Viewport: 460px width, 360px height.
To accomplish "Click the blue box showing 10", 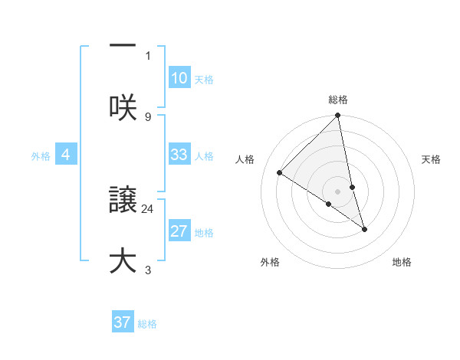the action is coord(179,78).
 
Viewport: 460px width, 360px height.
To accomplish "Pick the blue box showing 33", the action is coord(179,155).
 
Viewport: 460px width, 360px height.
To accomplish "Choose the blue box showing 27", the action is coord(179,231).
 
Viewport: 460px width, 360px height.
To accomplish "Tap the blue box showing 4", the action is coord(66,155).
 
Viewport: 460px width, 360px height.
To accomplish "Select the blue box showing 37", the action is coord(123,322).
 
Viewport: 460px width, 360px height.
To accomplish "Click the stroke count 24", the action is coord(148,208).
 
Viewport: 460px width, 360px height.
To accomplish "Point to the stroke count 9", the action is coord(148,117).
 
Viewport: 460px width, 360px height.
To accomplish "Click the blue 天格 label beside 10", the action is coord(204,80).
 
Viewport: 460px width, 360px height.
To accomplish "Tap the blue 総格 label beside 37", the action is coord(147,324).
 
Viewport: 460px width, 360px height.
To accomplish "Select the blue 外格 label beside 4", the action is coord(41,156).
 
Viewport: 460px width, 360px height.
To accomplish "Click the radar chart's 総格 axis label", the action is coord(338,100).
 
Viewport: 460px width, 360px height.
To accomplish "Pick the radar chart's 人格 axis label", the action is coord(245,159).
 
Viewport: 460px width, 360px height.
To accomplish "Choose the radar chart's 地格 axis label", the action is coord(402,262).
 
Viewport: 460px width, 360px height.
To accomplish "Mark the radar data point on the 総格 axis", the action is coord(338,116).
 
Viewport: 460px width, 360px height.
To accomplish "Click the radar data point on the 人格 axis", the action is coord(280,173).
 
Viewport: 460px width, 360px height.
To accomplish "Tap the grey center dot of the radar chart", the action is coord(338,191).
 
